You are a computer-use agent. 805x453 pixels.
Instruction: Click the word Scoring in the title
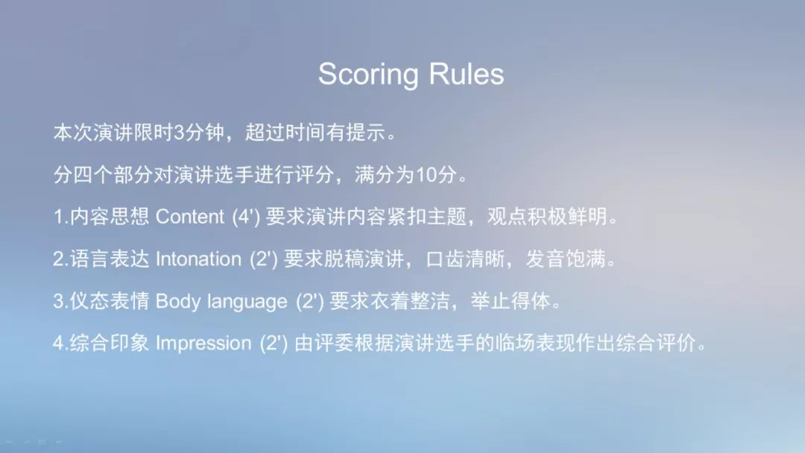click(x=368, y=75)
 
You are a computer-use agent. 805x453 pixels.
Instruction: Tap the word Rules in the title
click(x=466, y=74)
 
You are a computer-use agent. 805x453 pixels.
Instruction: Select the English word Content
click(x=190, y=217)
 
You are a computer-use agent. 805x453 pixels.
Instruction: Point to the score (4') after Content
click(x=246, y=217)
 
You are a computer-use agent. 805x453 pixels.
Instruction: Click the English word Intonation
click(x=198, y=259)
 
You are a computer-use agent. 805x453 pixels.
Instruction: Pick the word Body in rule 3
click(x=177, y=301)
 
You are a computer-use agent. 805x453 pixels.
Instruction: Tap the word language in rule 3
click(x=247, y=302)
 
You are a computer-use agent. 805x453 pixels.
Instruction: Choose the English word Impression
click(x=203, y=343)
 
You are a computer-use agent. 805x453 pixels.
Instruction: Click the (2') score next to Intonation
click(x=263, y=259)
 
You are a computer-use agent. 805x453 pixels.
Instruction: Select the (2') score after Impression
click(x=274, y=343)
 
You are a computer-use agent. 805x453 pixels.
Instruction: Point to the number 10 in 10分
click(x=426, y=175)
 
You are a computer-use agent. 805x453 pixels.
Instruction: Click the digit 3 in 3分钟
click(x=179, y=133)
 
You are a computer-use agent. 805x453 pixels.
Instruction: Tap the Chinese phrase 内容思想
click(x=110, y=217)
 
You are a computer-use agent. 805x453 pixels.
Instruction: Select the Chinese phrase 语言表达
click(x=110, y=259)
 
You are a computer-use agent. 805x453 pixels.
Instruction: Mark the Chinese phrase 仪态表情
click(x=110, y=301)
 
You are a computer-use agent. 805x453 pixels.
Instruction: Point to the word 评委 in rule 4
click(x=334, y=343)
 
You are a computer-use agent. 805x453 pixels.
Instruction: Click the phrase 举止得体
click(x=511, y=301)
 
